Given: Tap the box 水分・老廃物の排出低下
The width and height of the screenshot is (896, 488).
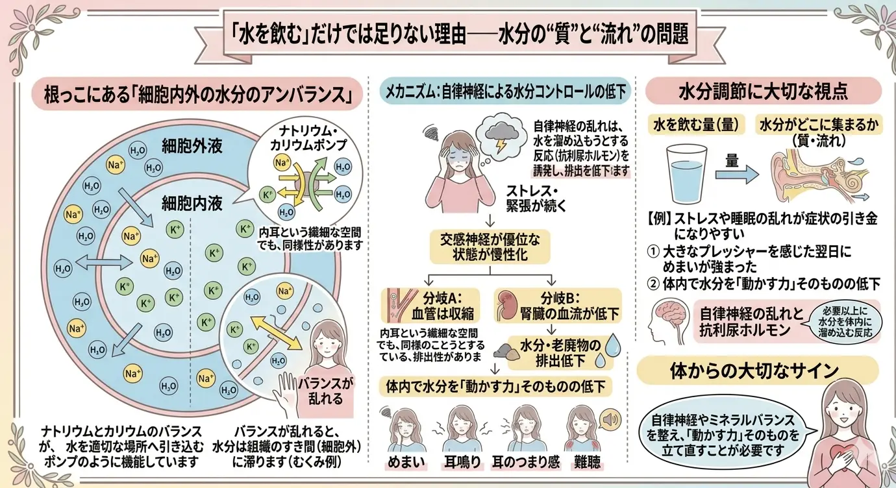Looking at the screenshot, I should pos(558,351).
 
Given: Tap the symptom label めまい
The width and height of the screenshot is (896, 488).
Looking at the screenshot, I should pos(408,461).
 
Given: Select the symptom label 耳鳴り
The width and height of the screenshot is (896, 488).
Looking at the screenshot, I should pos(462,461).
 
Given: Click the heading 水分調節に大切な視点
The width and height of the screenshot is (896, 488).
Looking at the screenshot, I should pos(763,91).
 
